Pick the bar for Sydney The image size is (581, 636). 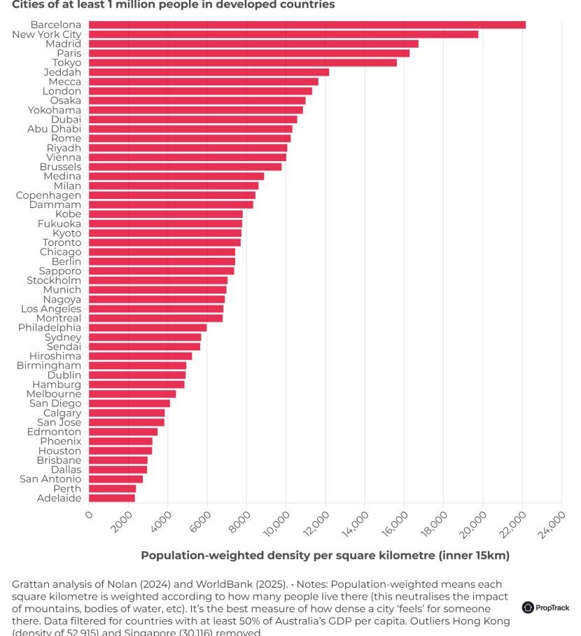click(x=145, y=338)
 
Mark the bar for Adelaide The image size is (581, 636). click(x=112, y=498)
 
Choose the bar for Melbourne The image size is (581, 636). click(x=132, y=394)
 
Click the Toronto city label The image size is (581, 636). click(x=62, y=242)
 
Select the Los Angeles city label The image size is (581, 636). click(x=51, y=309)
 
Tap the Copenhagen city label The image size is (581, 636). click(x=48, y=195)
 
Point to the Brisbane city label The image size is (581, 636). click(x=59, y=460)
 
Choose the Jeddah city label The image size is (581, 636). click(x=62, y=72)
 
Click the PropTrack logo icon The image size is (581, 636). click(x=528, y=607)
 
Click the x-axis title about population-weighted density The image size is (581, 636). click(x=325, y=555)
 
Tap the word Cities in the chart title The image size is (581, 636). click(x=29, y=5)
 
